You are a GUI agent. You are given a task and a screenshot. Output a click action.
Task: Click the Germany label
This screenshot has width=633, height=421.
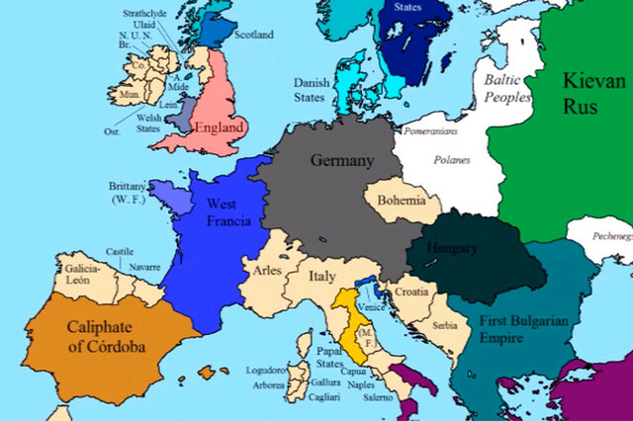pos(342,160)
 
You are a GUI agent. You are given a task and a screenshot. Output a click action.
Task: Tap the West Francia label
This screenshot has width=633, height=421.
pos(226,211)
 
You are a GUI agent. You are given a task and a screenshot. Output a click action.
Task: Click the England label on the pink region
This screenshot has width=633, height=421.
pos(221,128)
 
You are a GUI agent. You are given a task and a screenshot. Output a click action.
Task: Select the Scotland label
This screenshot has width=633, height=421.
pos(254,35)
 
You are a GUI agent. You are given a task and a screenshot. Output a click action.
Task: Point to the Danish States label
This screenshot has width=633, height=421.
pos(312,91)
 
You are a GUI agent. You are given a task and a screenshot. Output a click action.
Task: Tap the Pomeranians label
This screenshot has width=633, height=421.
pos(433,128)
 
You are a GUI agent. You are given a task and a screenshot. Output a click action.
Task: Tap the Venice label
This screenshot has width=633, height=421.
pos(374,308)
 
